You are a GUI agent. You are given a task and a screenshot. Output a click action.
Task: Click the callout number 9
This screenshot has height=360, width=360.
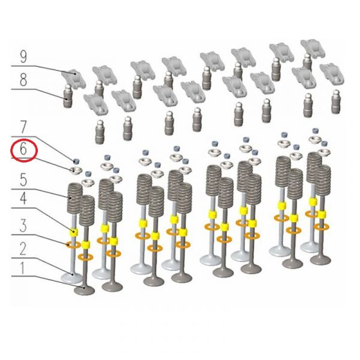(x=23, y=57)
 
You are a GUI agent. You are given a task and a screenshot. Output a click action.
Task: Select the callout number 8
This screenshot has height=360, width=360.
(x=23, y=80)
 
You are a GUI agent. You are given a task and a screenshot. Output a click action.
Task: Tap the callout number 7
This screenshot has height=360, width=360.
(x=23, y=127)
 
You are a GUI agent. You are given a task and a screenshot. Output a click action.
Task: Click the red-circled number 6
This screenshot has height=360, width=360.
(x=23, y=149)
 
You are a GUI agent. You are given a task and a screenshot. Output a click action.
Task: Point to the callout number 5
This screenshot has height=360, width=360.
(x=23, y=180)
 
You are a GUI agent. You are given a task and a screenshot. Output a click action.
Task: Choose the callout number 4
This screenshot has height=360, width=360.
(x=23, y=199)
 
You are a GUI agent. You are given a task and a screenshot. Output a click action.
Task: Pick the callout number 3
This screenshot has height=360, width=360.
(x=23, y=226)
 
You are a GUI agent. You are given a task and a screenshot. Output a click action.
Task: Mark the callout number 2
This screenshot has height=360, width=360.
(x=23, y=249)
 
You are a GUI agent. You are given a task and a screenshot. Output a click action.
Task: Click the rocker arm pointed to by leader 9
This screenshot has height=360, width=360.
(x=73, y=78)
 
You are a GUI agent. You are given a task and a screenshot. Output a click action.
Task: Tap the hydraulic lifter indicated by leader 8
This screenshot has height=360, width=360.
(x=67, y=96)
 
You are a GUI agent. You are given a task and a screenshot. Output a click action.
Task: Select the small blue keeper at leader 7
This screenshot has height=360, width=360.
(x=76, y=161)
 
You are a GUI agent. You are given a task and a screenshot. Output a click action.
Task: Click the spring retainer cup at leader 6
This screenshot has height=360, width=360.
(x=76, y=171)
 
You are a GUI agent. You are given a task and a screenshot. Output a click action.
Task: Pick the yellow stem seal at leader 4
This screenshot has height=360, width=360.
(x=74, y=232)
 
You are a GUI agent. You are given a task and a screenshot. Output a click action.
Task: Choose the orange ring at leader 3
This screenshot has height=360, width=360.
(x=73, y=245)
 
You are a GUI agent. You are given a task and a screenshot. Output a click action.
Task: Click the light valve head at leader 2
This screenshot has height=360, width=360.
(x=71, y=278)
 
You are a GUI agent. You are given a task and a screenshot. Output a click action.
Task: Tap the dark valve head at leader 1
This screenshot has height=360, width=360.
(x=84, y=290)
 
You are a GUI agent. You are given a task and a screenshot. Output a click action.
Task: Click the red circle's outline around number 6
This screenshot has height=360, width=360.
(x=24, y=140)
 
